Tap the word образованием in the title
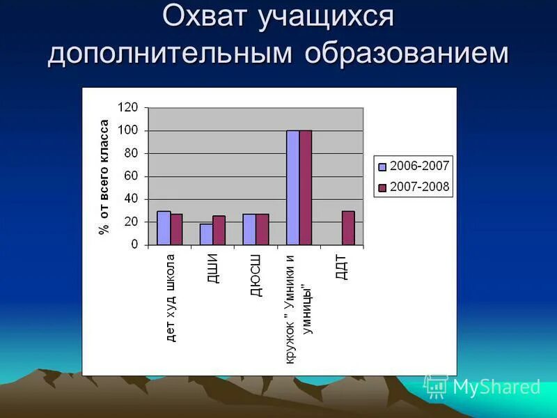[405, 54]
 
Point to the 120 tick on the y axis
[128, 108]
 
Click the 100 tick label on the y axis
[128, 131]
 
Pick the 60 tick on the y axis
[131, 176]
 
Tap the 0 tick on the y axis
[134, 245]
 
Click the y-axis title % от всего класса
[104, 176]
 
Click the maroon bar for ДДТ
[348, 228]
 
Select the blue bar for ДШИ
[206, 234]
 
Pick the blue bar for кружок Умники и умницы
[292, 187]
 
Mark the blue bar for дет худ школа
[164, 228]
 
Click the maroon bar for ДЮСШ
[262, 229]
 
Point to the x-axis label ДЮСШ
[256, 276]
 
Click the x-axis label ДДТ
[341, 267]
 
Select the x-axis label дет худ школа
[171, 297]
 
